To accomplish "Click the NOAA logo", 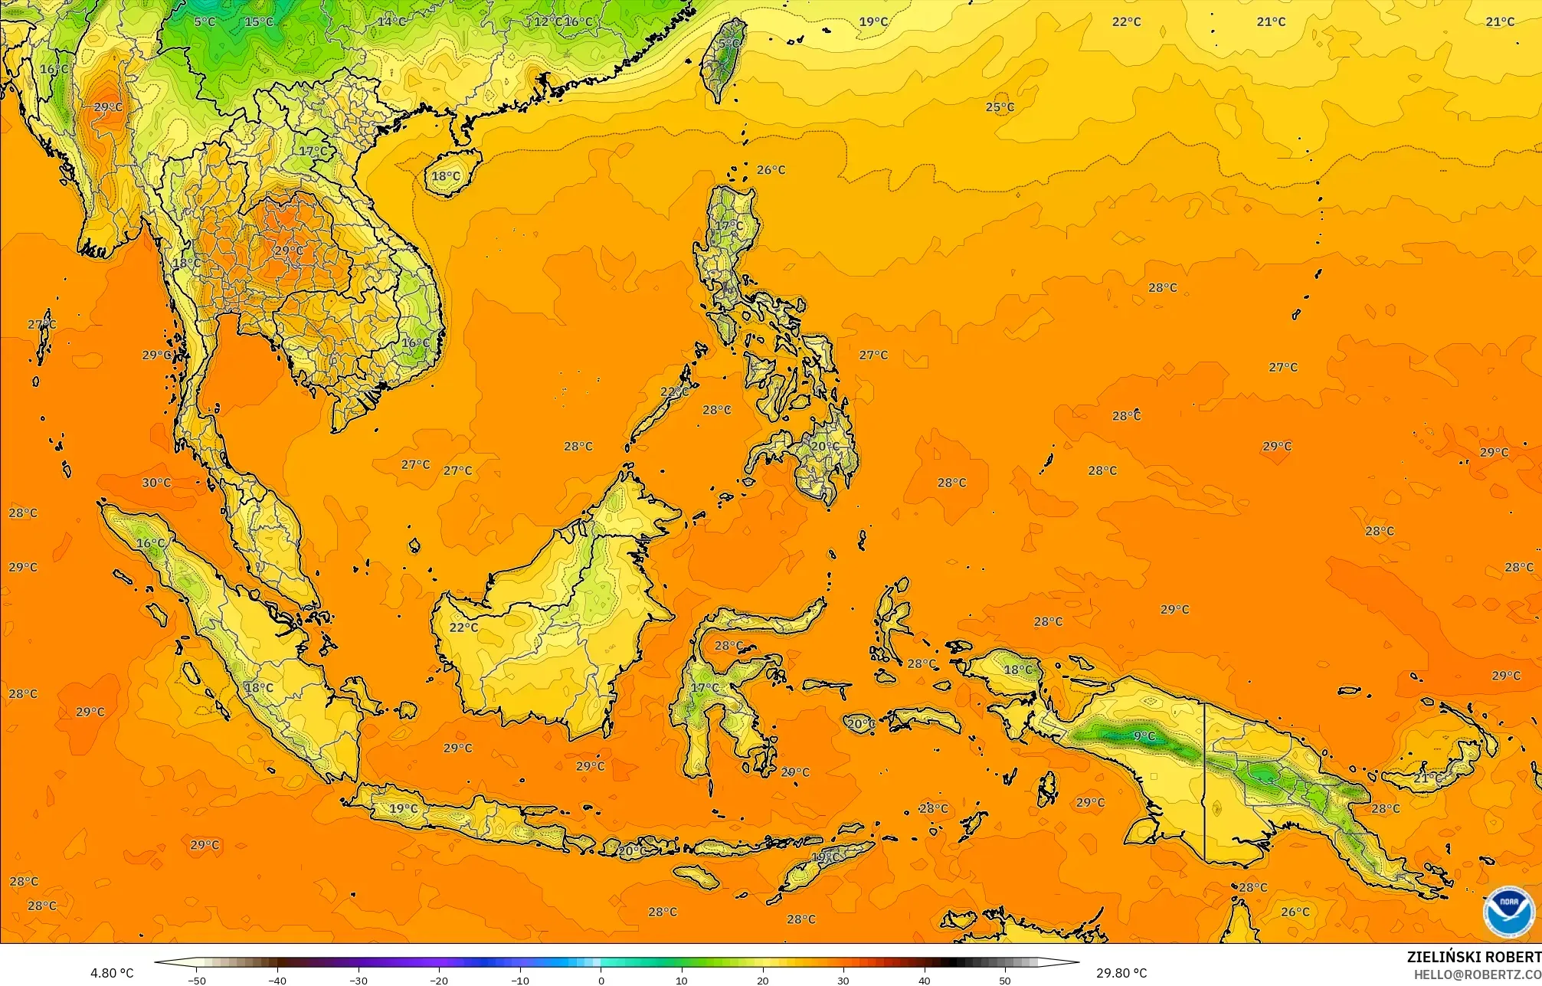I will point(1508,911).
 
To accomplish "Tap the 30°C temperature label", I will point(156,483).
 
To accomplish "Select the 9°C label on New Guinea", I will point(1144,736).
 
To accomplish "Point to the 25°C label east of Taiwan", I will point(1000,107).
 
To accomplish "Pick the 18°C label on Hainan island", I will point(446,176).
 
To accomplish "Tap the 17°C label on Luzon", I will point(728,226).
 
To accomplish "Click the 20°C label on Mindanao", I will point(825,446).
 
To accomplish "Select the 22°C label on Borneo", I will point(463,627).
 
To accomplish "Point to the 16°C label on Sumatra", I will point(151,543).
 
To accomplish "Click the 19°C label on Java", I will point(404,808).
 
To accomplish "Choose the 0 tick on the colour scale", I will point(601,980).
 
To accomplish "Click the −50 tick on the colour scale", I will point(197,980).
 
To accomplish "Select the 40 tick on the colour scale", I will point(925,980).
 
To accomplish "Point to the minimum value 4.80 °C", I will point(112,973).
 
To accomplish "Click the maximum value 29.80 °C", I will point(1121,973).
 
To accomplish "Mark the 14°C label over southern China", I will point(391,21).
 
